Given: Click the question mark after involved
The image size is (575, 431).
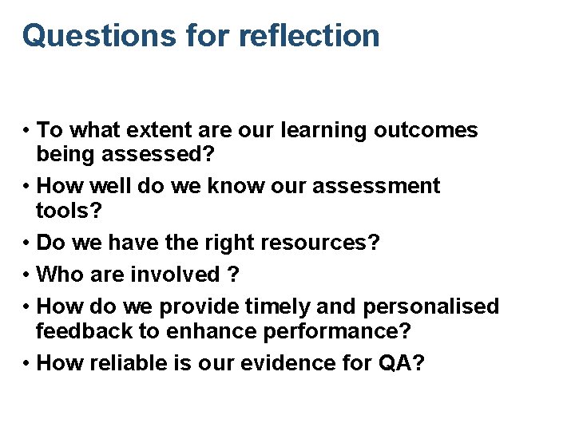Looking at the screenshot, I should [233, 275].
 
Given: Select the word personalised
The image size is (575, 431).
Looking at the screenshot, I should [432, 306].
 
